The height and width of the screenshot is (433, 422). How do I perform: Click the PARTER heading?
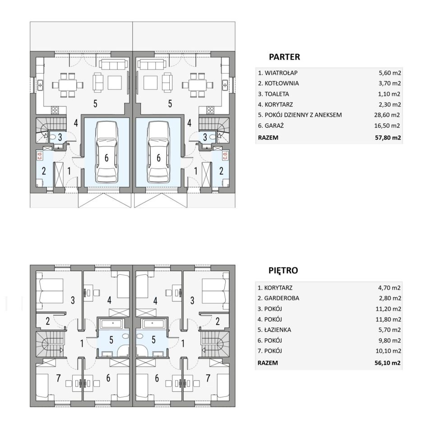284,57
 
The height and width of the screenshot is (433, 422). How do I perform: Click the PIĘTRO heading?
283,270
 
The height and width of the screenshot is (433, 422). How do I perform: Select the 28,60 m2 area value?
387,115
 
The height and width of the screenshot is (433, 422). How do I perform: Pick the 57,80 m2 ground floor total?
388,138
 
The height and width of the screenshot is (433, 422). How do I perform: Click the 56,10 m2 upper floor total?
387,363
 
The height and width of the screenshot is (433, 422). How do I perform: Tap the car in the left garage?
107,153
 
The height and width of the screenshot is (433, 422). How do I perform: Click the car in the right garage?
158,153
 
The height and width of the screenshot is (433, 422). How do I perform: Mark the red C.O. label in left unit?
40,156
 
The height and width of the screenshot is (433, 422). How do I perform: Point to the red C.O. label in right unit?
225,156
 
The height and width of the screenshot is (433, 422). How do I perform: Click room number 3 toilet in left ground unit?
60,137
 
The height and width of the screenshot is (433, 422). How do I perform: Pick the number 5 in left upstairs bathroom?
111,340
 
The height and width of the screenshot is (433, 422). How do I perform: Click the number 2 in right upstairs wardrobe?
218,321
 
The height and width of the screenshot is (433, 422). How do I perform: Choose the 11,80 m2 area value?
388,319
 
